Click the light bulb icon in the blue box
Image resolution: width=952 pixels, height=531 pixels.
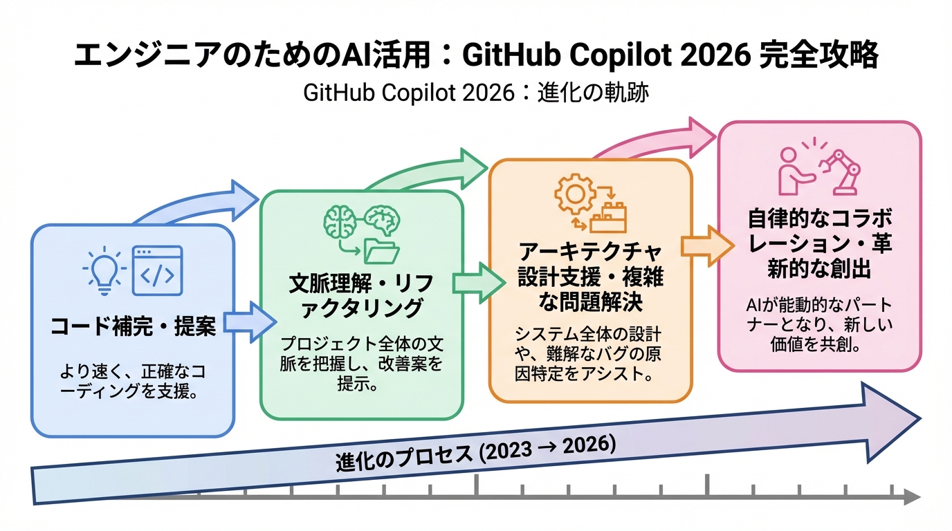(100, 270)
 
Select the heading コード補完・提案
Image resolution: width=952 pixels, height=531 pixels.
(134, 326)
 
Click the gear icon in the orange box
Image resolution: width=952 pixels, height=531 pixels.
(574, 194)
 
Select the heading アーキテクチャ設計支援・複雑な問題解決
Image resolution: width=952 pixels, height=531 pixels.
(590, 276)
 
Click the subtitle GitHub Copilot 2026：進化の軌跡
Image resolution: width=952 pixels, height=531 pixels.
(476, 93)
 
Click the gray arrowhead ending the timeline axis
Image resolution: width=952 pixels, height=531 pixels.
(913, 496)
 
